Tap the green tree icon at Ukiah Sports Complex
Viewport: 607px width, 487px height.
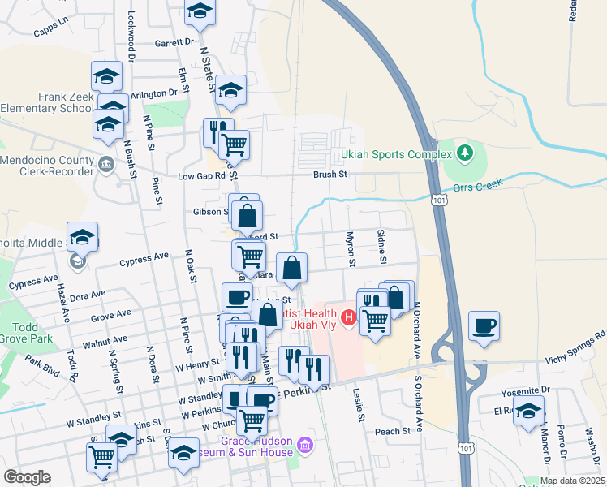click(464, 152)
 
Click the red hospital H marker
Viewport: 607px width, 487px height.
click(349, 317)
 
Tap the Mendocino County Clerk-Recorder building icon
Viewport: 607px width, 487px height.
click(106, 166)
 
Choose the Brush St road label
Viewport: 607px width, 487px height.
click(331, 174)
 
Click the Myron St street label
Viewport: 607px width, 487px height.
click(351, 249)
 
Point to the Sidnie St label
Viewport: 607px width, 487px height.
click(381, 247)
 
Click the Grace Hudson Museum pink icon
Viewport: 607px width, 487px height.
click(304, 444)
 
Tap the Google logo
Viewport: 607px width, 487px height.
click(27, 477)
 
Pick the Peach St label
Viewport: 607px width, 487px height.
click(393, 431)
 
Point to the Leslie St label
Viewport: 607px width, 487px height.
click(357, 403)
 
